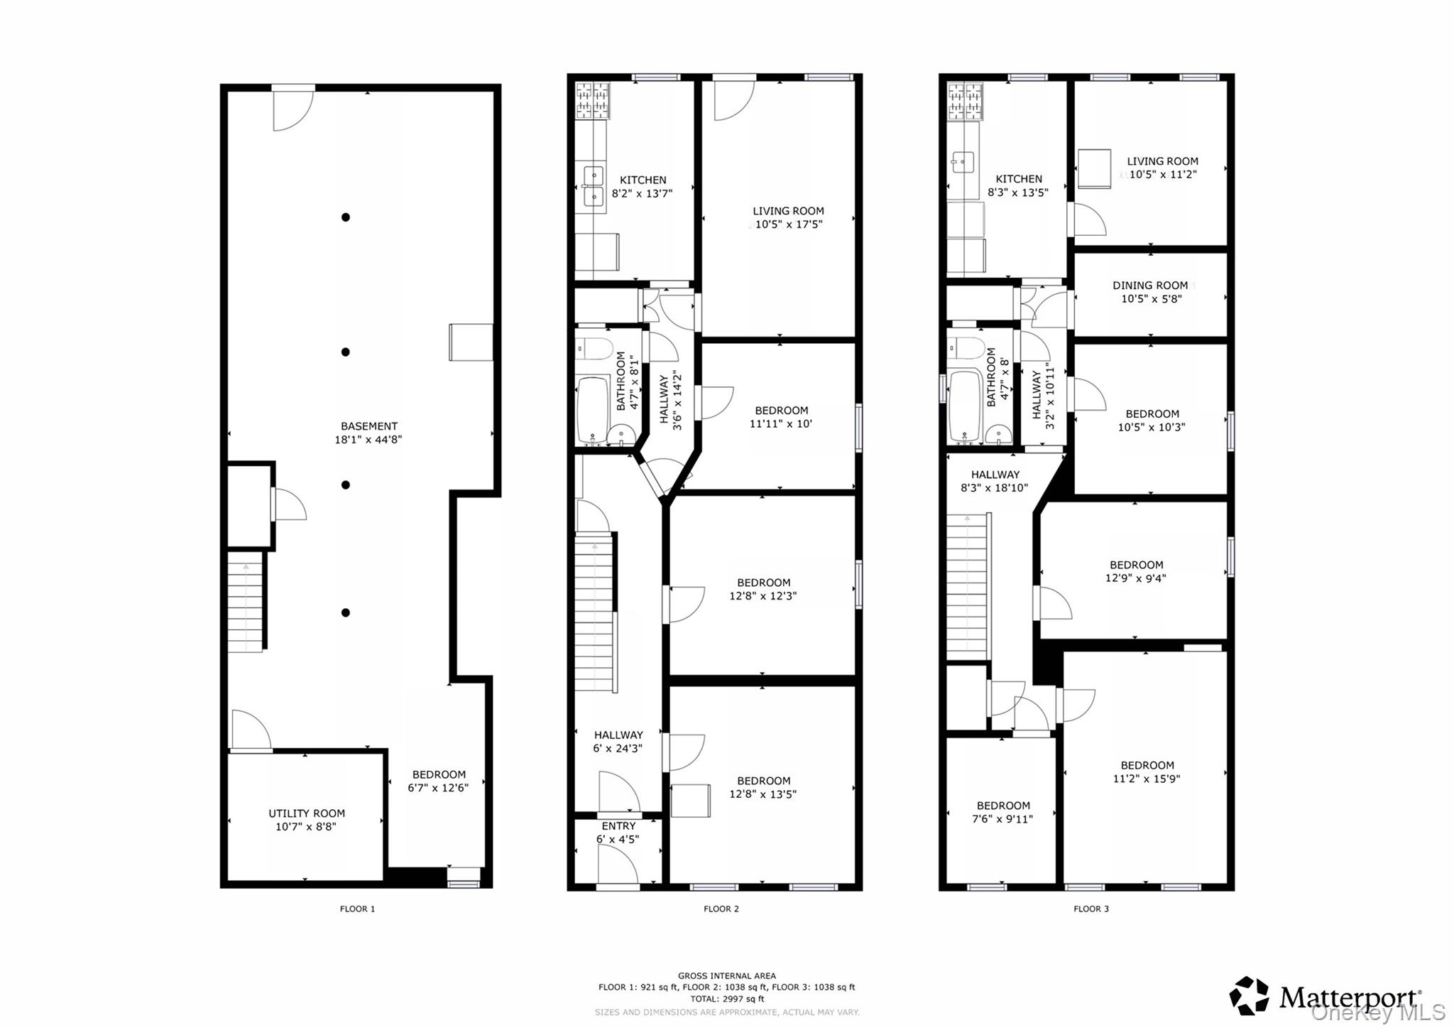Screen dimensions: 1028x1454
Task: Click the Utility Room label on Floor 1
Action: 307,813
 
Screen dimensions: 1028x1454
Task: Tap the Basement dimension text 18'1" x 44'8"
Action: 368,440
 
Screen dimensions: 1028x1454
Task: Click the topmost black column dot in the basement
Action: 346,217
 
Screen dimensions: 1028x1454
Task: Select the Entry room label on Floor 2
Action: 618,826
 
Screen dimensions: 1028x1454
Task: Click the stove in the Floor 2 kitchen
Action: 592,99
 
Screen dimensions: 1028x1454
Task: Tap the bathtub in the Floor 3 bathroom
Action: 966,406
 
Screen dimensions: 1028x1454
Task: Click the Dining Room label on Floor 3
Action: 1150,286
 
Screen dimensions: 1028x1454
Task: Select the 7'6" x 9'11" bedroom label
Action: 1003,812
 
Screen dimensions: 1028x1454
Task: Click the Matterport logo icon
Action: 1249,995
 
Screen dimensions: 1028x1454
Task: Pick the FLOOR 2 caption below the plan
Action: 721,909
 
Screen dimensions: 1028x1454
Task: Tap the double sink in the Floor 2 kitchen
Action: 593,185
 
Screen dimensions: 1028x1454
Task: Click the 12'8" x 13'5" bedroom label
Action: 763,787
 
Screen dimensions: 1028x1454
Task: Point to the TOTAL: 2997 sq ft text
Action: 726,999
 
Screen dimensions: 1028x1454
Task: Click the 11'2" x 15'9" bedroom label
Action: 1147,772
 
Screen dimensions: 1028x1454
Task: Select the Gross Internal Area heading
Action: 726,975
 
